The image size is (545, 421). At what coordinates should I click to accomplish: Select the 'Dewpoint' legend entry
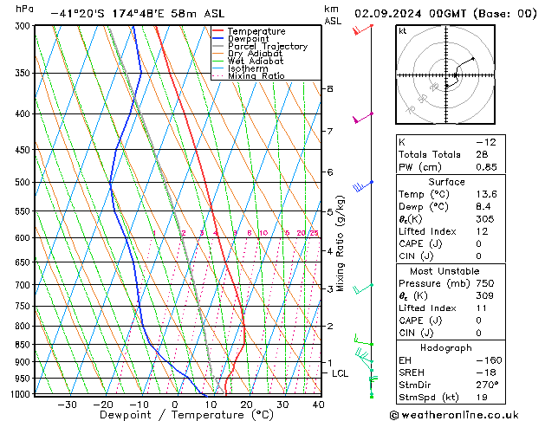[253, 39]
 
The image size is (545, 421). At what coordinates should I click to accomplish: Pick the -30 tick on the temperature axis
[67, 405]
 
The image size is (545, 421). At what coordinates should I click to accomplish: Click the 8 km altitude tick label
[329, 89]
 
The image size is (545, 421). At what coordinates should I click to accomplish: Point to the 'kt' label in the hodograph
[402, 31]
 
